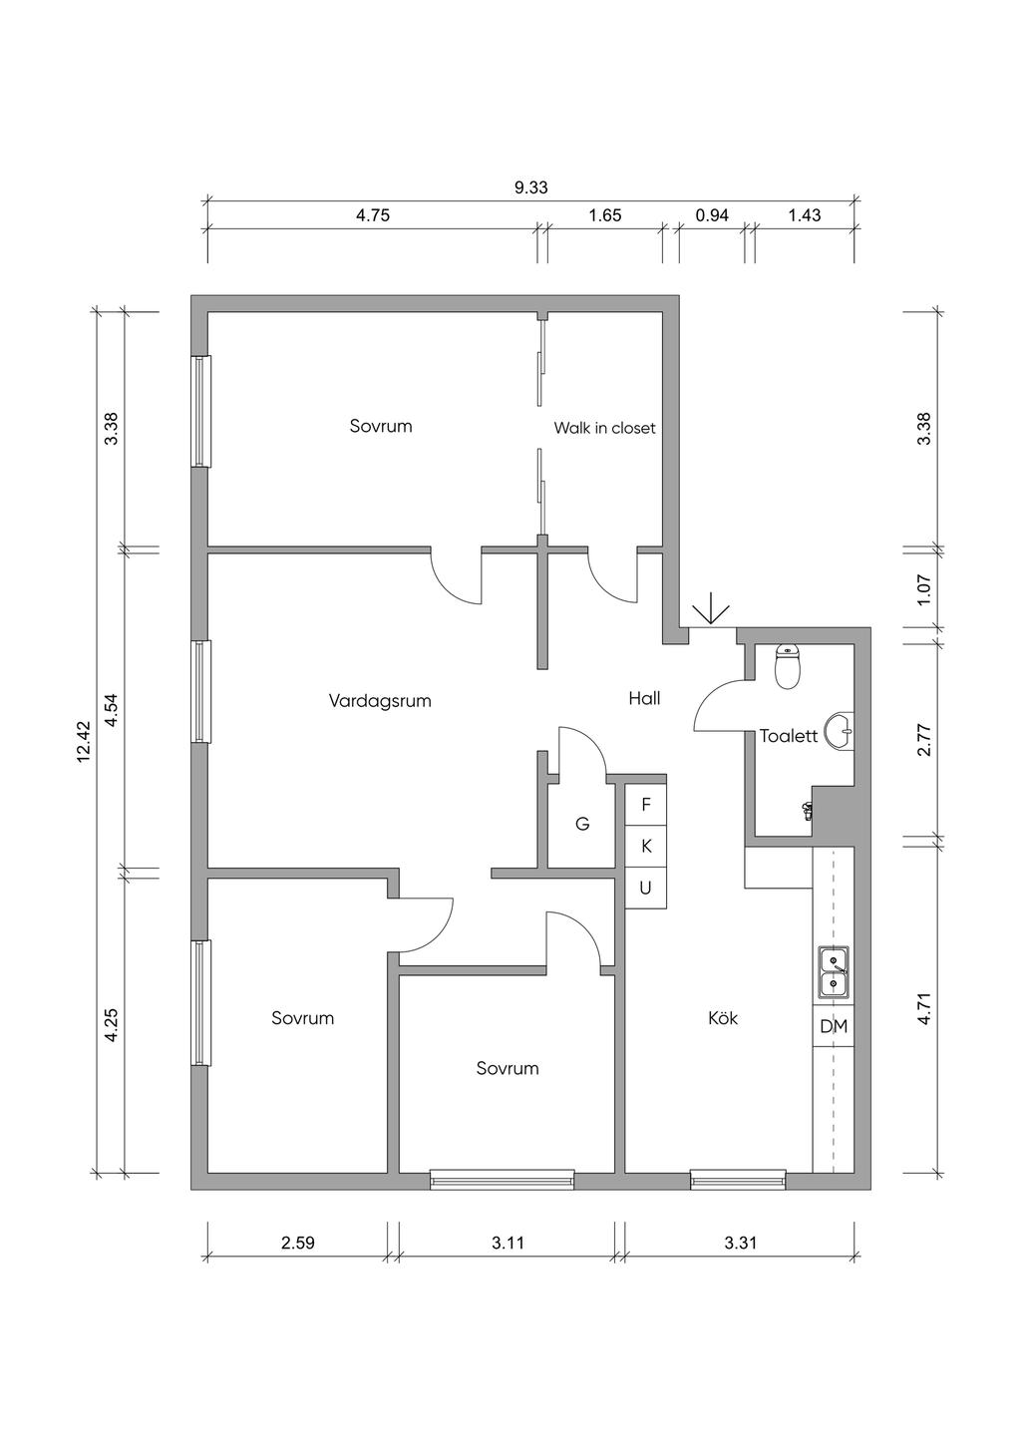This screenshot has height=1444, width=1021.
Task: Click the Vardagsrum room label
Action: [380, 701]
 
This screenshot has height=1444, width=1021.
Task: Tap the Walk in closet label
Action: [604, 428]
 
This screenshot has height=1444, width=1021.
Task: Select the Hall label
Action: [644, 698]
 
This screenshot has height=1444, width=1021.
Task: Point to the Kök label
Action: [723, 1018]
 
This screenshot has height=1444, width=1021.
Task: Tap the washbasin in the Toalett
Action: [842, 731]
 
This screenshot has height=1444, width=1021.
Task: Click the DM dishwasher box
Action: [834, 1026]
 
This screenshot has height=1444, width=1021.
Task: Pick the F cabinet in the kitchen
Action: [646, 805]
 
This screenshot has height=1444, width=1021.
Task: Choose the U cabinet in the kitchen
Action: [646, 888]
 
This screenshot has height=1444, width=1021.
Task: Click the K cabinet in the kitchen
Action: [646, 847]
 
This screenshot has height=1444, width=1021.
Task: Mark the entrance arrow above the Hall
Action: [710, 610]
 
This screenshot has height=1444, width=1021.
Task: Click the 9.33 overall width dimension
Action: [530, 187]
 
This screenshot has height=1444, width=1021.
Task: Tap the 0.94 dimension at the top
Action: [712, 215]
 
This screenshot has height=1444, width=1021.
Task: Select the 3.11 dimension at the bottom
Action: [508, 1243]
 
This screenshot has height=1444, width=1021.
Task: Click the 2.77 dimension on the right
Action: [924, 740]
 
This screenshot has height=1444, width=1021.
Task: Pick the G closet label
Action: [582, 824]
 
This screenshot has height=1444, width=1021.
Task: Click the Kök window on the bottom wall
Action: [738, 1179]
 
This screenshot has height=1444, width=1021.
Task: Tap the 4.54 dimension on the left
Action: [112, 710]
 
